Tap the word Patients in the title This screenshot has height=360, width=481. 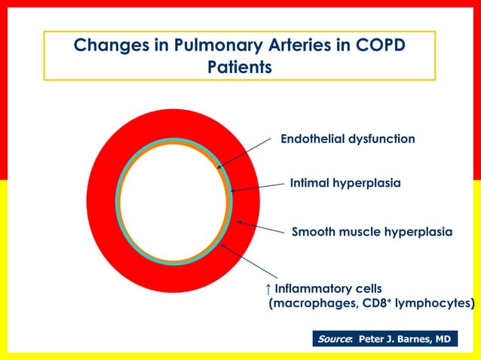(x=239, y=67)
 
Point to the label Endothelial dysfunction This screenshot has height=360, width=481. (x=348, y=139)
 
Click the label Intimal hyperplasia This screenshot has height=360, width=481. (x=345, y=183)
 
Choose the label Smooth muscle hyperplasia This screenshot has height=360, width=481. (x=372, y=231)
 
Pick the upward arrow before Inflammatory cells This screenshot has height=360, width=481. (x=268, y=289)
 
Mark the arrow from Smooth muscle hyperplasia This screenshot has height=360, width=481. (x=260, y=228)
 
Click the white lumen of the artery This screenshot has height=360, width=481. (x=172, y=202)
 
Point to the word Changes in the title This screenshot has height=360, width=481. (x=106, y=46)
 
